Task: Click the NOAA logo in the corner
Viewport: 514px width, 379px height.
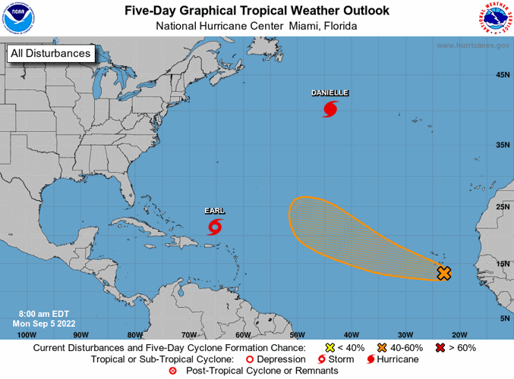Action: point(17,17)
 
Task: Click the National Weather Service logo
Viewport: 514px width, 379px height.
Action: point(495,19)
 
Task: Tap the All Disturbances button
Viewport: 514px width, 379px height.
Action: point(50,53)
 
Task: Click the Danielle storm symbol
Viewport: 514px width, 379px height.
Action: point(330,110)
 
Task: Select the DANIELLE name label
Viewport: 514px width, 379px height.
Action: point(330,93)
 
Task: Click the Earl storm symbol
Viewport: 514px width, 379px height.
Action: point(215,227)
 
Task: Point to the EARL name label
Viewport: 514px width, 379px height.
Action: point(215,210)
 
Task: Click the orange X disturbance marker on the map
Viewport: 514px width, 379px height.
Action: point(444,273)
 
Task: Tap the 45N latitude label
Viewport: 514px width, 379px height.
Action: point(501,75)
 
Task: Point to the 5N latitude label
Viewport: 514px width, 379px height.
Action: point(503,318)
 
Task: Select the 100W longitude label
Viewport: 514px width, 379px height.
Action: point(26,334)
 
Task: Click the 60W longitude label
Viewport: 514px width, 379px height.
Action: point(243,334)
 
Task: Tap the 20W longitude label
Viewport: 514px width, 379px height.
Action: point(459,334)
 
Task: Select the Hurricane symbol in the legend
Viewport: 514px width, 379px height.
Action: point(371,359)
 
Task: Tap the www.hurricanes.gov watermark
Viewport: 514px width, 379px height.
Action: point(472,45)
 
